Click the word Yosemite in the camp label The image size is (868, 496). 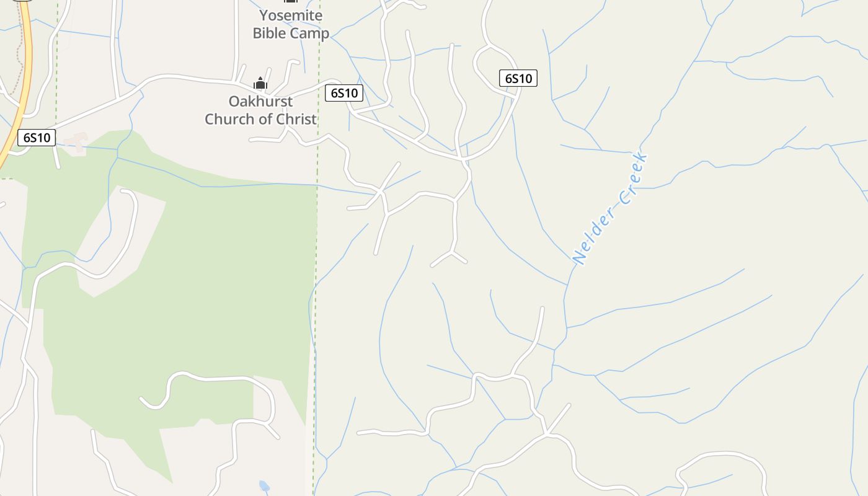pos(291,15)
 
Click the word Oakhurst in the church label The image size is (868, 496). pos(260,101)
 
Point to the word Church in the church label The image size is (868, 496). pos(230,119)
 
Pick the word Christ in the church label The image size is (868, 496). pos(296,119)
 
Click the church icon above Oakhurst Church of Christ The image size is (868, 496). pos(260,84)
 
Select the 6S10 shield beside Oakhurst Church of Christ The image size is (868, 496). pos(344,93)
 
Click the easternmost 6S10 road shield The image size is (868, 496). pos(518,78)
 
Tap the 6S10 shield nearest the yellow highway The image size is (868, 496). pos(37,138)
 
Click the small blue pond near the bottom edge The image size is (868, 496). pos(264,485)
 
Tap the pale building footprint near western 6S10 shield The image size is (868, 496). pos(76,143)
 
